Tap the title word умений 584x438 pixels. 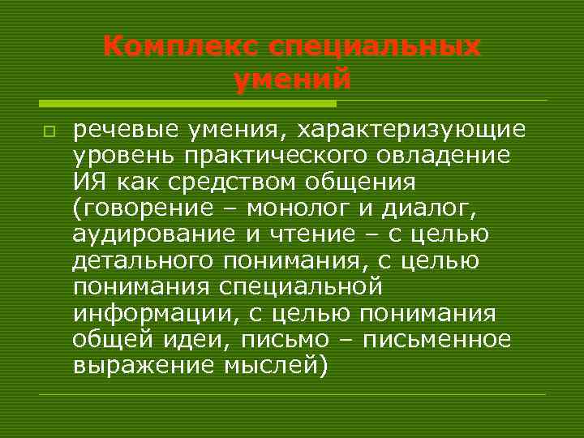pyautogui.click(x=292, y=79)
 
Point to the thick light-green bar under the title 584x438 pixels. pyautogui.click(x=187, y=103)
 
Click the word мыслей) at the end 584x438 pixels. pyautogui.click(x=279, y=366)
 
